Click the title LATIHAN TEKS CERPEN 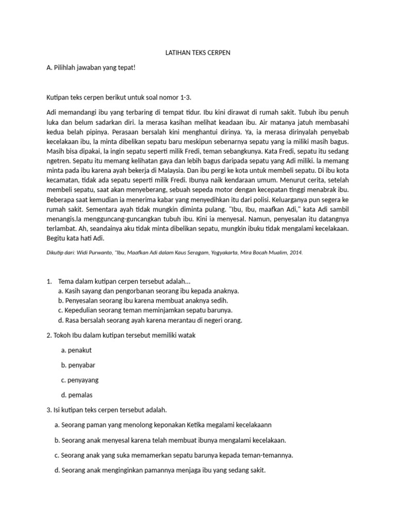click(x=197, y=54)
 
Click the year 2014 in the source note click(x=296, y=254)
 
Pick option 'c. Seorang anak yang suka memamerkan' click(x=174, y=455)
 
